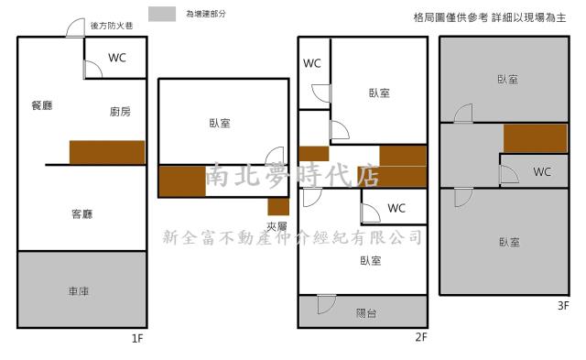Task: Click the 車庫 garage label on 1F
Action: pyautogui.click(x=78, y=291)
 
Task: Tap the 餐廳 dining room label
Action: pyautogui.click(x=41, y=105)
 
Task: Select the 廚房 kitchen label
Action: pyautogui.click(x=120, y=112)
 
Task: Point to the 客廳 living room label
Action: pyautogui.click(x=82, y=214)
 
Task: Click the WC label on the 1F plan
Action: pyautogui.click(x=117, y=58)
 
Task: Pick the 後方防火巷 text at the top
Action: pyautogui.click(x=112, y=27)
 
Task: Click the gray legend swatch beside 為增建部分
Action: pyautogui.click(x=162, y=14)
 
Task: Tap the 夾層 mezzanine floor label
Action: pyautogui.click(x=277, y=226)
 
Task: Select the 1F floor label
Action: pyautogui.click(x=137, y=339)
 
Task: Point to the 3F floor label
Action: pyautogui.click(x=562, y=306)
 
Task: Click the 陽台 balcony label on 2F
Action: pyautogui.click(x=365, y=313)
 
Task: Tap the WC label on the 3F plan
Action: pyautogui.click(x=542, y=171)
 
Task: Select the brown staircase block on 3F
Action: pyautogui.click(x=535, y=137)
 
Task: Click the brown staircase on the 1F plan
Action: pyautogui.click(x=107, y=152)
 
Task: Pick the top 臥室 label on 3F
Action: pyautogui.click(x=508, y=80)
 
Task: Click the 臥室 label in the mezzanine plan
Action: pyautogui.click(x=220, y=124)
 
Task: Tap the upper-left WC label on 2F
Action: pyautogui.click(x=312, y=63)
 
